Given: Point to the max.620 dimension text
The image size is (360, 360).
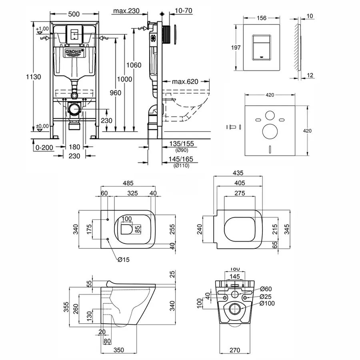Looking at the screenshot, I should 185,82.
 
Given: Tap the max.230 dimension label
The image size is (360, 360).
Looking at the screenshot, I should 126,11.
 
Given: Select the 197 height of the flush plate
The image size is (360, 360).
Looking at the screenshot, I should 236,47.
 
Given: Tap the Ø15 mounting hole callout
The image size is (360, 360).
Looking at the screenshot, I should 124,259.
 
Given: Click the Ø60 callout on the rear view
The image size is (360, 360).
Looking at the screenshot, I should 266,289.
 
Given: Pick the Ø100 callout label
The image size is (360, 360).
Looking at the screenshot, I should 267,304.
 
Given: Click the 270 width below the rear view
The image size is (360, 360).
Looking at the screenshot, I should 234,350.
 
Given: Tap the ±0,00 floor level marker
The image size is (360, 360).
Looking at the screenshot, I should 42,126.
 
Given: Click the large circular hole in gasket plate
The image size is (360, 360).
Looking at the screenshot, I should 269,131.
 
